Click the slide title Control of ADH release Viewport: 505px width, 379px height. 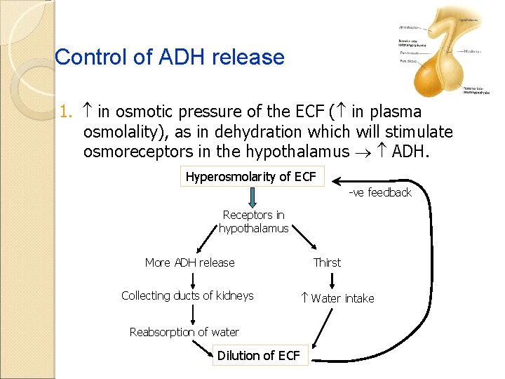[x=170, y=57]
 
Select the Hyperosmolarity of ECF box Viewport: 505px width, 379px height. [x=251, y=176]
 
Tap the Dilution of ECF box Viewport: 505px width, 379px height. [x=259, y=355]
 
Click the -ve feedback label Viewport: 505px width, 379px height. [x=380, y=192]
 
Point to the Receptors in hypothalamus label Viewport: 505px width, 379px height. [x=253, y=222]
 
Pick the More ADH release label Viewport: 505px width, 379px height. [x=189, y=262]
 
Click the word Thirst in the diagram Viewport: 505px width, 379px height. [x=327, y=262]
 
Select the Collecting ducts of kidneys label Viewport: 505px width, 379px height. [x=187, y=295]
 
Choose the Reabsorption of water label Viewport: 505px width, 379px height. [x=184, y=332]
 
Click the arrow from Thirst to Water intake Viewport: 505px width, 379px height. [x=331, y=280]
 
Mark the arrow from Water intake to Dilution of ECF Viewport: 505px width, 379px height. [x=321, y=326]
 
